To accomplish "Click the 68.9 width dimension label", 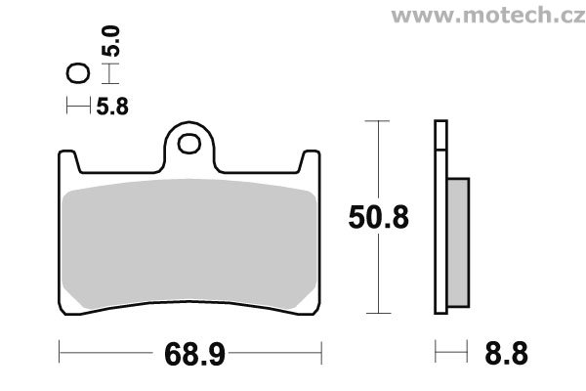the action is pos(194,354).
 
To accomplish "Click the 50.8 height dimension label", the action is pos(379,217).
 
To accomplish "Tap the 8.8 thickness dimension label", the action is pos(506,353).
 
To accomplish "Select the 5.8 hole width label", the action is pos(112,107).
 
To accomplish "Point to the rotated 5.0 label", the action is pos(111,41).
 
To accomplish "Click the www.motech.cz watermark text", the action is pos(488,16).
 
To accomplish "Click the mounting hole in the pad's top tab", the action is pos(189,144).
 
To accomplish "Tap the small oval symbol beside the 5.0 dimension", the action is pos(78,73).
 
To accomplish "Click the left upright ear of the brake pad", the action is pos(68,161).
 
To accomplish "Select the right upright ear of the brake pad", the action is pos(310,161).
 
